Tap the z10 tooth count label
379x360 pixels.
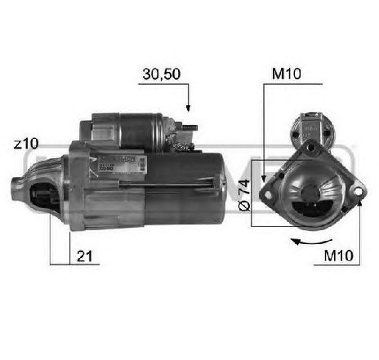tap(25, 144)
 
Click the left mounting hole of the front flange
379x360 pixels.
tap(265, 193)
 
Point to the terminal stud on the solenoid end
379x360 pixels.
tap(188, 130)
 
